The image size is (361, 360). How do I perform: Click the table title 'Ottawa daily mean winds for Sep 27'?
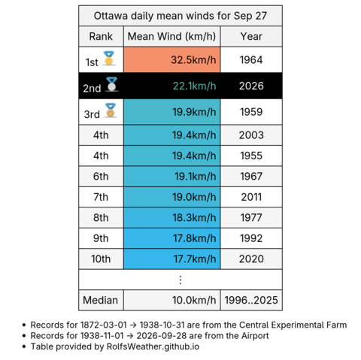[180, 16]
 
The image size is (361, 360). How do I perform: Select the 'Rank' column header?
[101, 36]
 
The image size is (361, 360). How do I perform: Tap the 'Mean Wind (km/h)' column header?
[171, 36]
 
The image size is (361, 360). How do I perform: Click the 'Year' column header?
[251, 36]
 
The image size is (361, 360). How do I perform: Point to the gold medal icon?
[109, 59]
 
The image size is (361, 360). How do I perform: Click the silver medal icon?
[111, 84]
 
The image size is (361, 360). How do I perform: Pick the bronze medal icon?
[111, 110]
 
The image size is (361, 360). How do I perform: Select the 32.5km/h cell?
[171, 60]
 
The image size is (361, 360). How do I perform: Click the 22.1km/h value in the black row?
[194, 86]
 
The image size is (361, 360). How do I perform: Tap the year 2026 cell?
[251, 86]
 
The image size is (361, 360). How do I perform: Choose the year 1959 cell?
[251, 112]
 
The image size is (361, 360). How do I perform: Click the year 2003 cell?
[251, 135]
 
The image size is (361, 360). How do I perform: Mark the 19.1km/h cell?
[171, 177]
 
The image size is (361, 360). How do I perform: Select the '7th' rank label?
[101, 197]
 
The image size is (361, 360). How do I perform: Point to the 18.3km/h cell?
[171, 218]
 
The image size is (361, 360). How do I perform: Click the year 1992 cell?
[251, 238]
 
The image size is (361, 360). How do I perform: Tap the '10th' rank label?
[101, 259]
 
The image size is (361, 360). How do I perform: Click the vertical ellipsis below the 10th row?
[180, 280]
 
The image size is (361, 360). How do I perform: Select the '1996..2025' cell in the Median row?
[251, 300]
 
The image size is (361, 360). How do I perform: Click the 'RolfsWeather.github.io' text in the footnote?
[153, 346]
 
